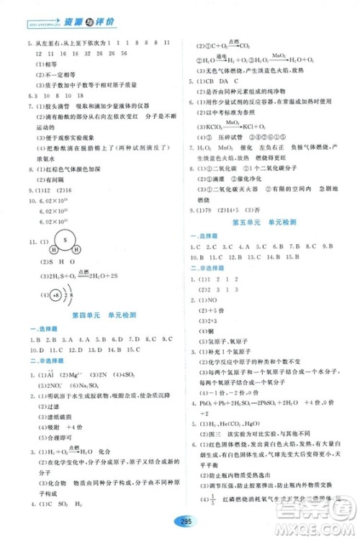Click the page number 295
coord(181,521)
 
